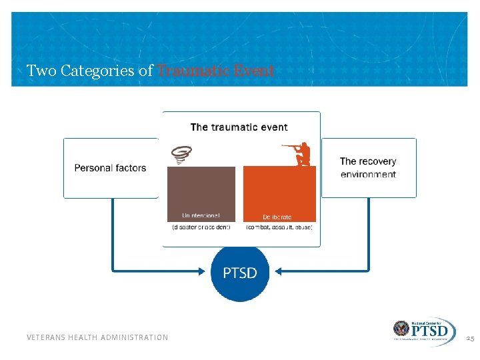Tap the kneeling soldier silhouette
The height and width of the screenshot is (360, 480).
pyautogui.click(x=301, y=154)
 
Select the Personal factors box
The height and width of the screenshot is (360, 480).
pyautogui.click(x=111, y=168)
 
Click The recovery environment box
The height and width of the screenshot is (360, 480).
pyautogui.click(x=368, y=168)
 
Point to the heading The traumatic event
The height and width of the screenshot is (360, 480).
pyautogui.click(x=239, y=127)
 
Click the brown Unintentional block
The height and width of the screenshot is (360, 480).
pyautogui.click(x=201, y=193)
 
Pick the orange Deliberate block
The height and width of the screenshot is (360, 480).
pyautogui.click(x=279, y=193)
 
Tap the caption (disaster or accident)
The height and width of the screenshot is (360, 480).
pyautogui.click(x=201, y=227)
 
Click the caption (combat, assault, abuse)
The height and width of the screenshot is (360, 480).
pyautogui.click(x=279, y=227)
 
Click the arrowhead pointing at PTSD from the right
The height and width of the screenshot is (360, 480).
pyautogui.click(x=278, y=271)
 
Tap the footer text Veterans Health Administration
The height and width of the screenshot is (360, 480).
pyautogui.click(x=97, y=337)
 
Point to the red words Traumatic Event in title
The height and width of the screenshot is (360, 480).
pyautogui.click(x=215, y=71)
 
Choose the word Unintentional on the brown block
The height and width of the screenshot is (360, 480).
pyautogui.click(x=201, y=215)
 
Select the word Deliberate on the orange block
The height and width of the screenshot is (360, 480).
pyautogui.click(x=277, y=217)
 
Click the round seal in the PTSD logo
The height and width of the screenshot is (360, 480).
pyautogui.click(x=402, y=329)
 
